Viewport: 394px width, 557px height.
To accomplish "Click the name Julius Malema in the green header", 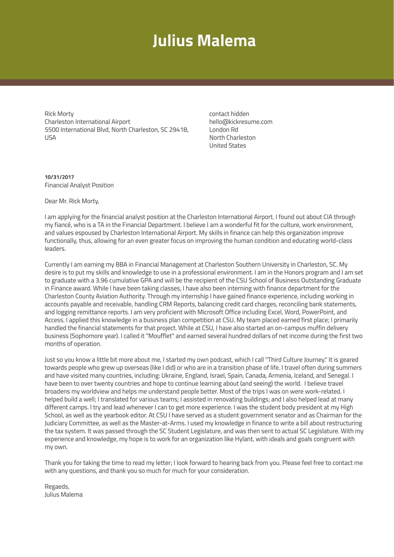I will click(204, 41).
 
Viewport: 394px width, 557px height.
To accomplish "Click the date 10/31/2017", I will click(59, 177).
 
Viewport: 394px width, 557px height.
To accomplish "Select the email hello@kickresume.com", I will click(240, 122).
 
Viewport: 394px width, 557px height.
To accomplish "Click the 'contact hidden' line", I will click(229, 114).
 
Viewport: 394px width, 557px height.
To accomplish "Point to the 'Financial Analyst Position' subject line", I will click(79, 185).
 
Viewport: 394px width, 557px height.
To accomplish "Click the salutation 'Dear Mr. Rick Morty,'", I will click(72, 201).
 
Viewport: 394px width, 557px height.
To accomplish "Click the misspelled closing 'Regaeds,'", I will click(57, 487).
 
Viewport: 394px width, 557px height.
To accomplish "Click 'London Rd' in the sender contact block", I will click(224, 130).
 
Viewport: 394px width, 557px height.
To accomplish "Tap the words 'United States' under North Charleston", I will click(227, 146).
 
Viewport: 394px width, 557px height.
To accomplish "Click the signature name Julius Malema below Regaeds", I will click(64, 495).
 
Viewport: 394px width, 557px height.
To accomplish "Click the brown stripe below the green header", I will click(197, 82).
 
